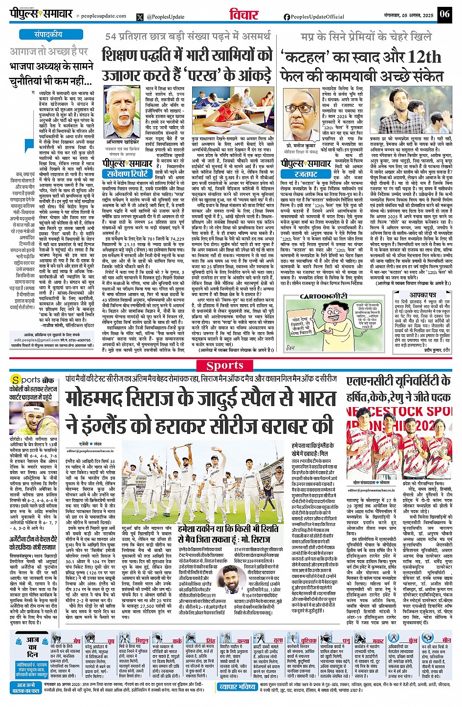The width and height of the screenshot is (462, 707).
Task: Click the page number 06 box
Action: pyautogui.click(x=444, y=14)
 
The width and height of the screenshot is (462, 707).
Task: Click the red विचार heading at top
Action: pyautogui.click(x=244, y=15)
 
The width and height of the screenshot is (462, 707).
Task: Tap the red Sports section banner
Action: pyautogui.click(x=224, y=365)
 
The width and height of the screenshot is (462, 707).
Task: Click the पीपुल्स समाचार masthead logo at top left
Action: pyautogui.click(x=42, y=14)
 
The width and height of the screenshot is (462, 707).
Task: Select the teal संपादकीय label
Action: pyautogui.click(x=48, y=35)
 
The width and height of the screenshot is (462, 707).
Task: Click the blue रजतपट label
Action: pyautogui.click(x=306, y=174)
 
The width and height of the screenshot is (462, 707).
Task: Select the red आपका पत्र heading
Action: pyautogui.click(x=423, y=295)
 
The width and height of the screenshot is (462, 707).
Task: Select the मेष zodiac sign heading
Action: pyautogui.click(x=77, y=640)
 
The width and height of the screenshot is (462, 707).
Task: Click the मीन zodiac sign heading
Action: pyautogui.click(x=446, y=640)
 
